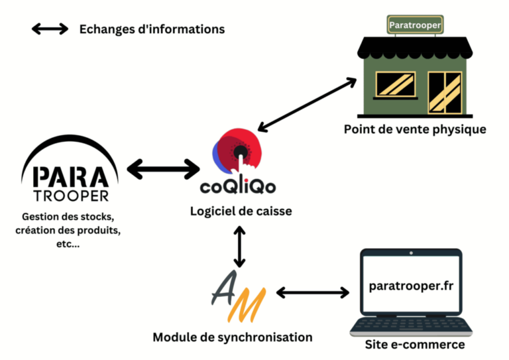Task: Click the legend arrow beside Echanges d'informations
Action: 50,29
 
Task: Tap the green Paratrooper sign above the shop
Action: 415,25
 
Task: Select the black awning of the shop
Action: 415,48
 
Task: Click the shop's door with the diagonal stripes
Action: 445,93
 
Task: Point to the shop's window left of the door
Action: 396,84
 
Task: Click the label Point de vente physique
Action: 415,129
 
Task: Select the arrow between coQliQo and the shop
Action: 307,105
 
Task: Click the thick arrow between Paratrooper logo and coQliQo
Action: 163,169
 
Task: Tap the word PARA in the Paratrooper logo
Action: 71,177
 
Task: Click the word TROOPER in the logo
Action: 71,196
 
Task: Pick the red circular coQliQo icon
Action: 237,150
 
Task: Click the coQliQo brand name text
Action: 238,186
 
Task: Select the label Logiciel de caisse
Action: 241,211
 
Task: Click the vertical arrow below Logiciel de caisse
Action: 239,247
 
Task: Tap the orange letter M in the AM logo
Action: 247,304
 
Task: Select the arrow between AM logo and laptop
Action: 313,292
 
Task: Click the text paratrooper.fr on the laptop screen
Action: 411,286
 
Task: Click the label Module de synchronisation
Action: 233,337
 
